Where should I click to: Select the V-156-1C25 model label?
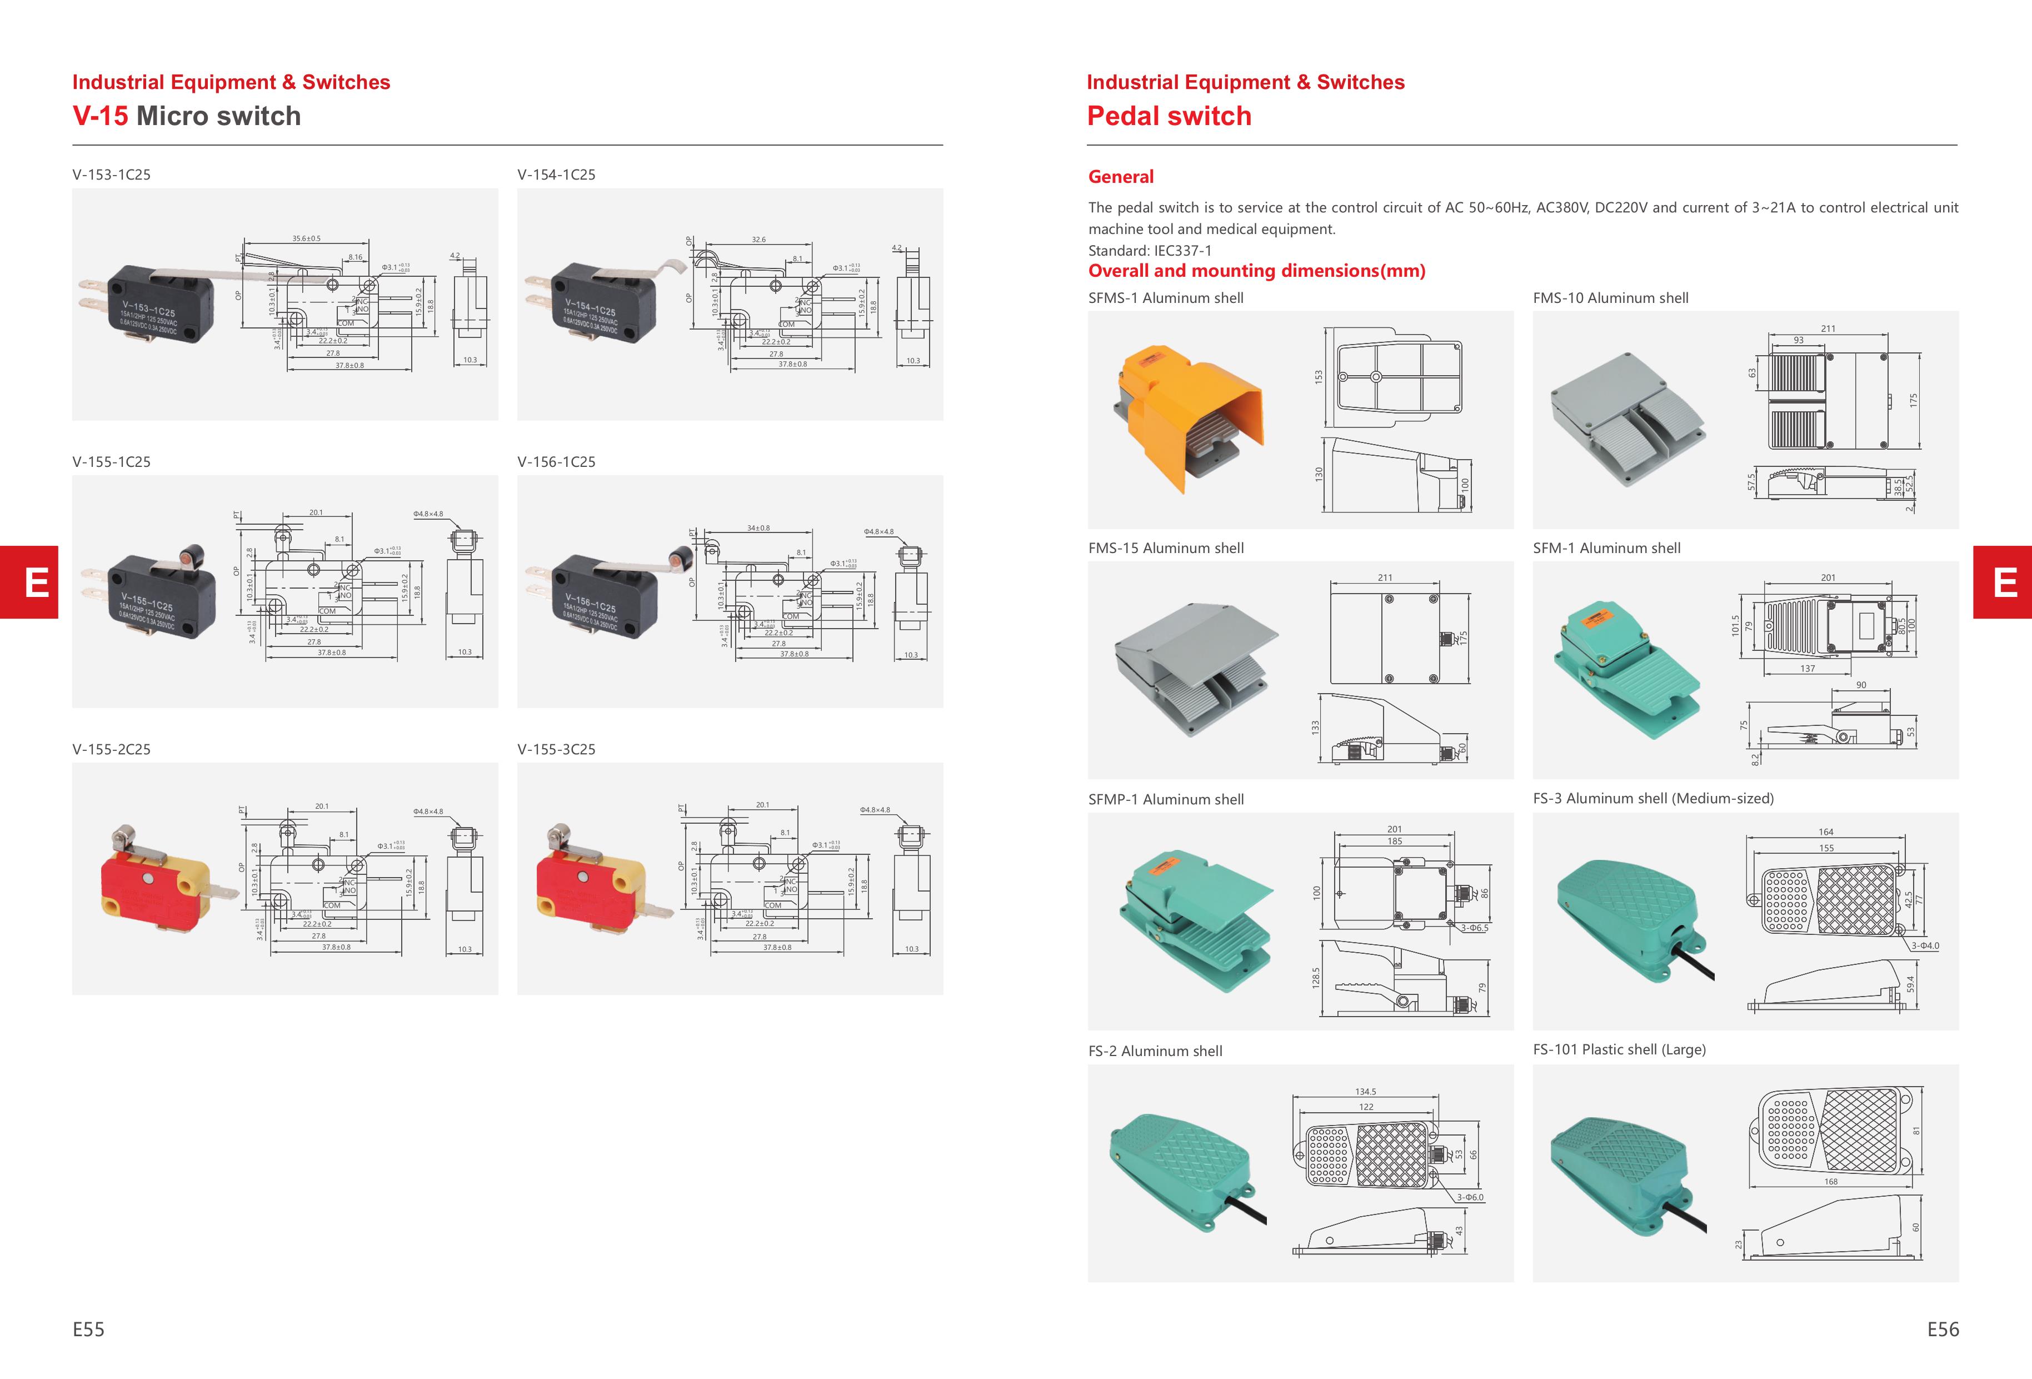pos(556,462)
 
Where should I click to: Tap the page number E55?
pos(88,1329)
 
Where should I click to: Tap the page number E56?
pos(1943,1329)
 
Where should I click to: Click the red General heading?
pos(1120,177)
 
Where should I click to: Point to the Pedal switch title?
pos(1169,116)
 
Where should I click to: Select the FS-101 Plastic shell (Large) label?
pos(1619,1049)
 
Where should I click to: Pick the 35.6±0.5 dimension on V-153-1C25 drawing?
pos(306,238)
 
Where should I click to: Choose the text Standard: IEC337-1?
pos(1150,250)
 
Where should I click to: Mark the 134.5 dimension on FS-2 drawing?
pos(1365,1091)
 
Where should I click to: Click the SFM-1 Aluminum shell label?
pos(1606,548)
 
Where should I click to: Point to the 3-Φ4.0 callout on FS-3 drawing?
pos(1924,945)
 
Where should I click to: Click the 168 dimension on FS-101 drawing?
pos(1830,1181)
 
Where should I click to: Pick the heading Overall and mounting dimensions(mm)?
pos(1256,271)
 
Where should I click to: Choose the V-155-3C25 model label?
pos(556,749)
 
